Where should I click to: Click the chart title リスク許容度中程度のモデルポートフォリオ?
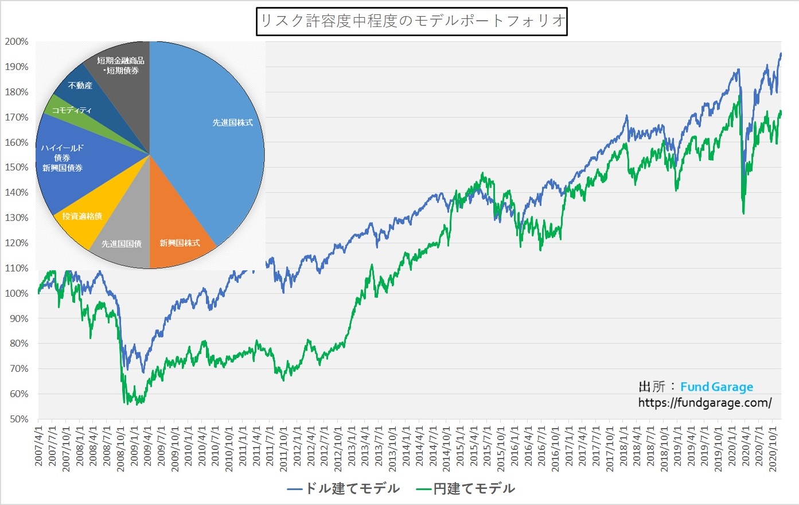pos(412,21)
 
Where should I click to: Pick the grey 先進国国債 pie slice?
pos(123,241)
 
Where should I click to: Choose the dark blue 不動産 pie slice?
pos(80,86)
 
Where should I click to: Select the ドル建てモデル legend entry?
pos(344,489)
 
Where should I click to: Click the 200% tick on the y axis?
pos(17,41)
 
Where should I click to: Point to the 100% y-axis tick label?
pos(17,293)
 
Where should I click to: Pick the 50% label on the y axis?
pos(18,419)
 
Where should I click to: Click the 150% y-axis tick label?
pos(17,167)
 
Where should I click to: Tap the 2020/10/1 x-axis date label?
pos(773,448)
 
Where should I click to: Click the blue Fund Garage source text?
pos(716,387)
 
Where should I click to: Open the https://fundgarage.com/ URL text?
pos(705,403)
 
